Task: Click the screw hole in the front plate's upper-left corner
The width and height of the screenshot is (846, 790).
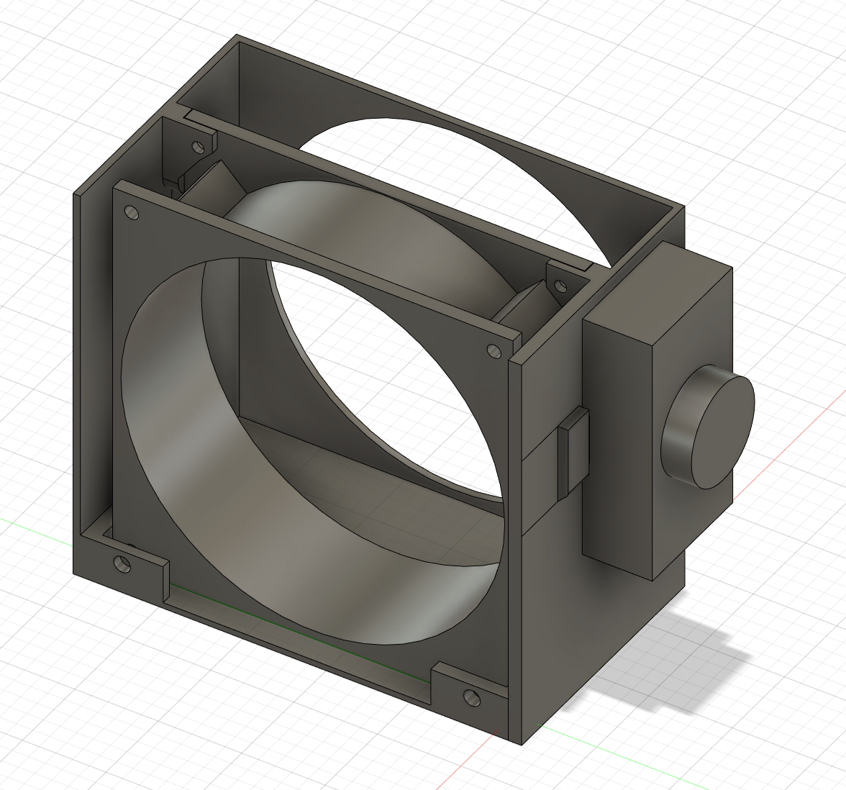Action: [132, 213]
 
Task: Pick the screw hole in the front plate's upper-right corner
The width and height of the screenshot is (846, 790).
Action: [493, 350]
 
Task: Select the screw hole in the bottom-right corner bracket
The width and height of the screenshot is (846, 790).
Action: [471, 696]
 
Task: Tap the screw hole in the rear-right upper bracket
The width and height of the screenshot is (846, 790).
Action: [559, 287]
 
